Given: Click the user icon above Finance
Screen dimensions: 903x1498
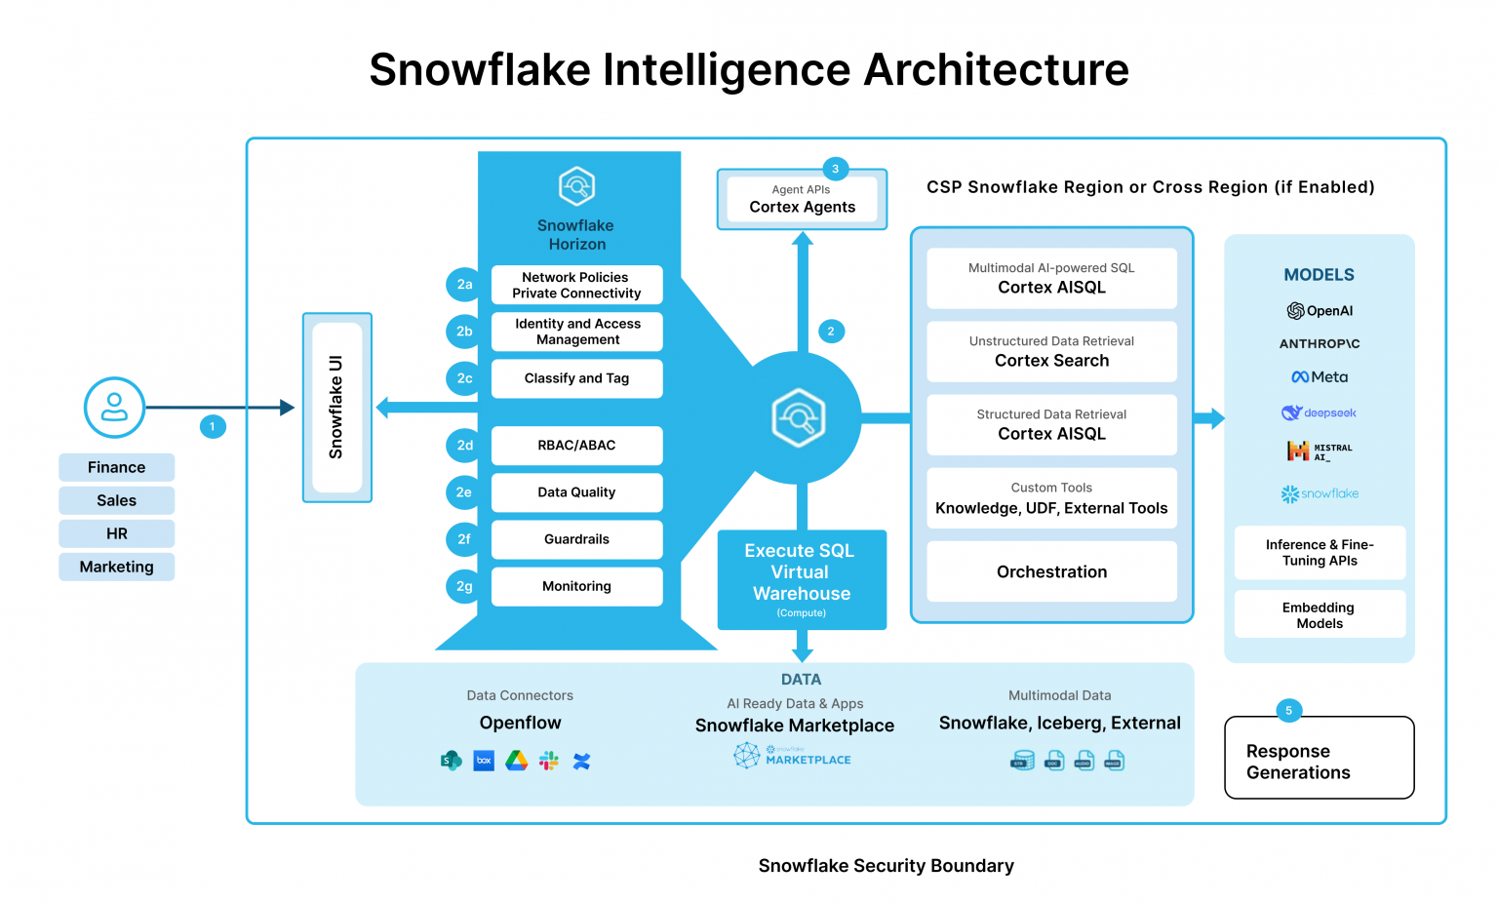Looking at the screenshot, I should [114, 407].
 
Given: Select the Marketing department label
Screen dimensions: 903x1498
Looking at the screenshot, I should [117, 567].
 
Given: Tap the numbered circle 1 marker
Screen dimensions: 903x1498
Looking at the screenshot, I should [213, 426].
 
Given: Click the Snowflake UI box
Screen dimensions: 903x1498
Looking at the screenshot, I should [336, 407].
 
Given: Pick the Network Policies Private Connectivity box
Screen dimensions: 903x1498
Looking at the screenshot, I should [576, 285].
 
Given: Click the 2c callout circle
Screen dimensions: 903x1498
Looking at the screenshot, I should [464, 378].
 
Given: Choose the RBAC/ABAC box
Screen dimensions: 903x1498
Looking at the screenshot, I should [576, 446].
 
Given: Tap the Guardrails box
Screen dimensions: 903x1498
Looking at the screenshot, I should [576, 539].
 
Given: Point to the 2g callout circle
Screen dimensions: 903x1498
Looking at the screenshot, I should [464, 586].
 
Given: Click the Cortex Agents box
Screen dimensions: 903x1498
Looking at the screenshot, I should [802, 200].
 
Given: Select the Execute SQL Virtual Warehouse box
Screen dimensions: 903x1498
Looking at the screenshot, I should [802, 579].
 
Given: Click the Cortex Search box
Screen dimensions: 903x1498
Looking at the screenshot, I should [1051, 352].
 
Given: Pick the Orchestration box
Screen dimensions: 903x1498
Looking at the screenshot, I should [1051, 571].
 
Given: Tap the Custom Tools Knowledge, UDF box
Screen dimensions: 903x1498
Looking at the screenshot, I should [1051, 498].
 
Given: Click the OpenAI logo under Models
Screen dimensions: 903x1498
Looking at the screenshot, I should [1320, 311].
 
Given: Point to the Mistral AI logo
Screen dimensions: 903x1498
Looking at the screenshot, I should [1319, 451].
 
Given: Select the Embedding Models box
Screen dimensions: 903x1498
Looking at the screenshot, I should [1320, 614].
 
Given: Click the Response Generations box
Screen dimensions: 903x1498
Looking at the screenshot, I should [1319, 758].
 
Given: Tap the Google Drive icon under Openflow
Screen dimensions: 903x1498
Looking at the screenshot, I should [517, 761].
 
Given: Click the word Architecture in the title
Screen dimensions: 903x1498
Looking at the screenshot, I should [996, 70].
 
